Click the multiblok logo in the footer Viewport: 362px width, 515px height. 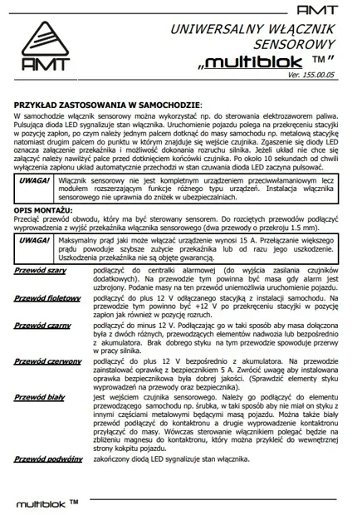(46, 503)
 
